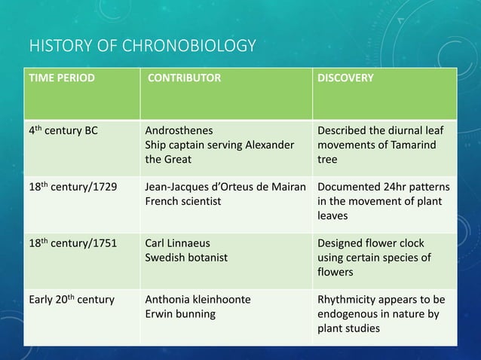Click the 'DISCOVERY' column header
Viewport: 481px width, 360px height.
coord(345,78)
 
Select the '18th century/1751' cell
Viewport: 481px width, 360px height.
coord(72,244)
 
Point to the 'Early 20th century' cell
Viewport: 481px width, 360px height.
coord(72,300)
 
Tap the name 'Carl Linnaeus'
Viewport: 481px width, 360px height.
coord(177,244)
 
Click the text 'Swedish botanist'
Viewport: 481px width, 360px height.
coord(185,258)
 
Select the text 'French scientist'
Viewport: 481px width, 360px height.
coord(182,202)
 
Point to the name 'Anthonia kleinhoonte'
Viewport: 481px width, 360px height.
coord(198,300)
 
